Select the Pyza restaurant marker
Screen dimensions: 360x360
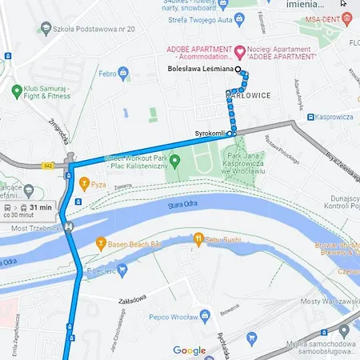(82, 183)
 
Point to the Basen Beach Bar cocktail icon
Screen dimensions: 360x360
(101, 242)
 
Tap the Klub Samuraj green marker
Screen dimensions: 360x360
(15, 91)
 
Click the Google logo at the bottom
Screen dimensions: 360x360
(190, 350)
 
